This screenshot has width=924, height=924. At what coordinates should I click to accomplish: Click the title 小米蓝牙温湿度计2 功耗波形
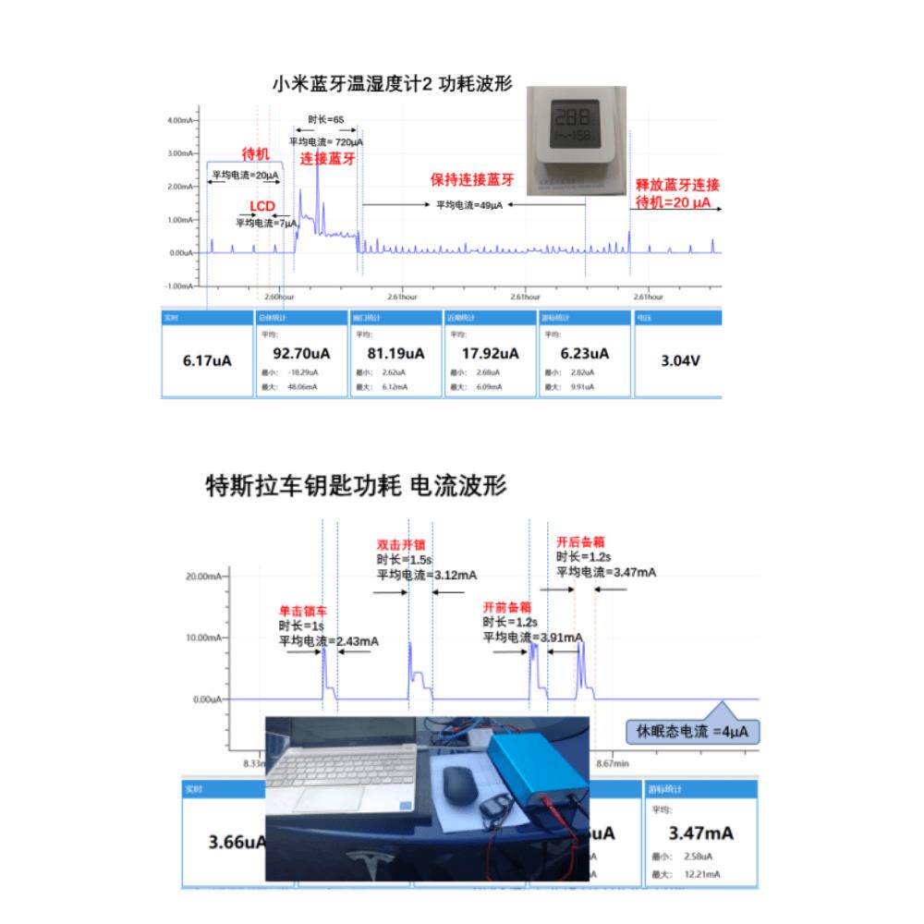(x=394, y=82)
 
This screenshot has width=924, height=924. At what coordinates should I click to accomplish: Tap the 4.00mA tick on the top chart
(x=180, y=120)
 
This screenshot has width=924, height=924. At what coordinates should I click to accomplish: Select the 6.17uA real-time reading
(x=208, y=360)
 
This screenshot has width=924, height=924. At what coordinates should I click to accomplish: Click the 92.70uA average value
(x=302, y=353)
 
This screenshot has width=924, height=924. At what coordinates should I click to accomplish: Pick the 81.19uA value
(x=396, y=353)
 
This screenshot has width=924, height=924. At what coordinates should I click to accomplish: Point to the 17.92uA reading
(x=491, y=353)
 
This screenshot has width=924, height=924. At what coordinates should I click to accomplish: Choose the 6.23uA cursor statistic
(x=584, y=353)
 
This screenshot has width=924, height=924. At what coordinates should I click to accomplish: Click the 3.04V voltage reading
(x=679, y=360)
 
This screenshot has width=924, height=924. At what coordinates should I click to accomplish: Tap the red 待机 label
(x=255, y=154)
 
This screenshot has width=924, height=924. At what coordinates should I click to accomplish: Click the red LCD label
(x=263, y=206)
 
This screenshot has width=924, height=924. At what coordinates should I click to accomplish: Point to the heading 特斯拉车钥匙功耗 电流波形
(x=356, y=485)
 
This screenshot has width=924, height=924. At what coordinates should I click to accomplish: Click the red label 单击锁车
(x=303, y=612)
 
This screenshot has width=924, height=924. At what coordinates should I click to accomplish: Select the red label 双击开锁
(x=399, y=544)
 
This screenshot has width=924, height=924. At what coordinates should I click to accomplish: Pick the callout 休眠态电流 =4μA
(x=692, y=732)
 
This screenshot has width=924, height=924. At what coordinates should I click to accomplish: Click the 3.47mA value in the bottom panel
(x=701, y=833)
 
